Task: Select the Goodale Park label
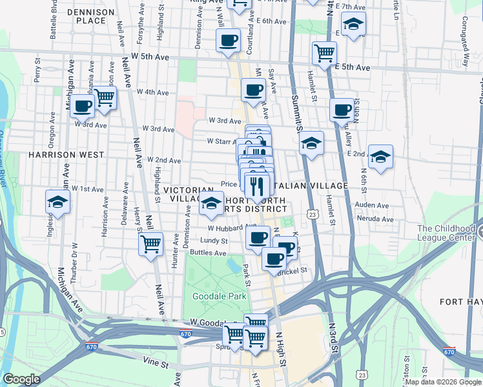coord(211,296)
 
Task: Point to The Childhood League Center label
coord(449,233)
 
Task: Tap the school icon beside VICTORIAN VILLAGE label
coord(211,204)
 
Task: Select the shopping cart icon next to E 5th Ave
coord(324,53)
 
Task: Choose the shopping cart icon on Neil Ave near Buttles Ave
coord(151,244)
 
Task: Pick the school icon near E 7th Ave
coord(353,25)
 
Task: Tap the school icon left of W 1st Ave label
coord(58,202)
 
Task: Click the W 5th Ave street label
coord(152,57)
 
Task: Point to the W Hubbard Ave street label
coord(223,228)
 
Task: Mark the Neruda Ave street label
coord(378,219)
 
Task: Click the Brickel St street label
coord(292,272)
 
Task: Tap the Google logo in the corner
coord(21,379)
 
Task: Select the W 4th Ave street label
coord(152,92)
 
